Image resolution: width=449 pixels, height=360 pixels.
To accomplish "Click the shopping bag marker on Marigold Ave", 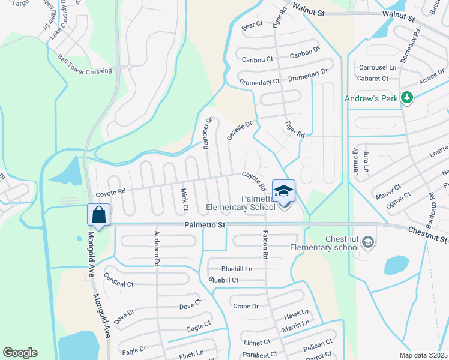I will pos(98,214).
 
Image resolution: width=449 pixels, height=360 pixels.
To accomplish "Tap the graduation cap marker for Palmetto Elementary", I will pos(283,191).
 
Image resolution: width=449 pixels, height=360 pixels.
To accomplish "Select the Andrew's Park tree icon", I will pos(407,97).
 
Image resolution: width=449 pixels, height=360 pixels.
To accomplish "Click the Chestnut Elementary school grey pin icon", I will pos(368,242).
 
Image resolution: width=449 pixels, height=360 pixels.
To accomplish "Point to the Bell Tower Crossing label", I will pos(85,65).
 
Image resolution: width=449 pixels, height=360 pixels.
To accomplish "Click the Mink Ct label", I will pos(184,199).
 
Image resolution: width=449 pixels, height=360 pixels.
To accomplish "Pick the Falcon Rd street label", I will pos(264,246).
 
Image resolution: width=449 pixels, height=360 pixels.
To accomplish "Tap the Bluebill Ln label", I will pos(237,269).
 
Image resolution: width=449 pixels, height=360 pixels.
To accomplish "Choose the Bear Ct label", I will pos(252,25).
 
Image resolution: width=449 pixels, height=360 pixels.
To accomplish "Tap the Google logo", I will pos(20,353).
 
